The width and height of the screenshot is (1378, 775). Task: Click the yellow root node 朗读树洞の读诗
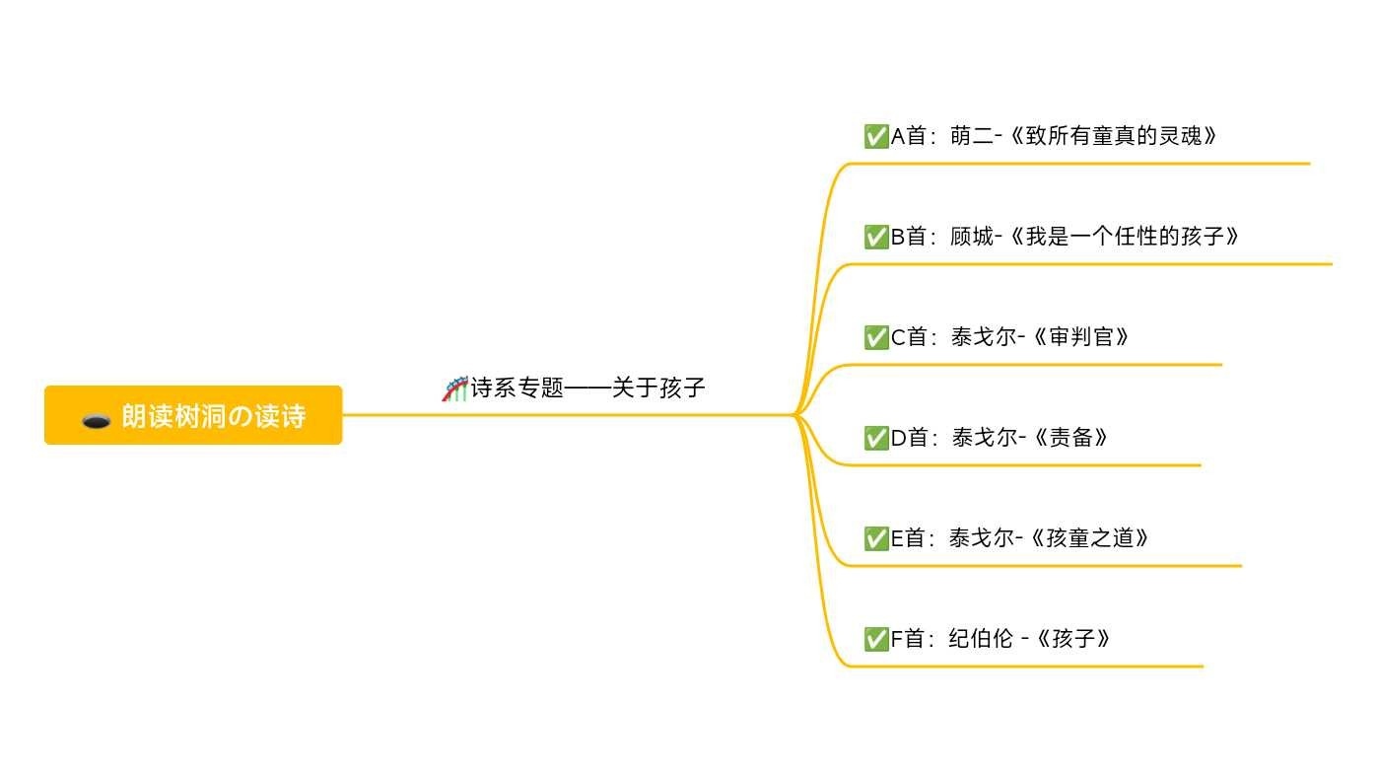point(193,415)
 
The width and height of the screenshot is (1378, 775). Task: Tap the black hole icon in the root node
point(96,421)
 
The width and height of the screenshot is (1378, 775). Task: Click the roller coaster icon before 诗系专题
point(454,388)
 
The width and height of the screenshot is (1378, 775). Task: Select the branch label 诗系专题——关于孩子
point(587,388)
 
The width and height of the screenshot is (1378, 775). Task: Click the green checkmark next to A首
point(875,136)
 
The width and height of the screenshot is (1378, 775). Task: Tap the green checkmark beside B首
point(875,237)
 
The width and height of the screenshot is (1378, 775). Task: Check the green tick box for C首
point(875,337)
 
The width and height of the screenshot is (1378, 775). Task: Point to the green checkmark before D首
point(875,438)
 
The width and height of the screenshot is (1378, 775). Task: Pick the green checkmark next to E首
point(875,538)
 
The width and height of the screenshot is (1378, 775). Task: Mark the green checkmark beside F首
point(875,639)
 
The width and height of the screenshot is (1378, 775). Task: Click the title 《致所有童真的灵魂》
point(1112,136)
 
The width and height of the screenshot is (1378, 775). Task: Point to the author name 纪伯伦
point(981,639)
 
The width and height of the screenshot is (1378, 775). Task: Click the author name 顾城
point(971,237)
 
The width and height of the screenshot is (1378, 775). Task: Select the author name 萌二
point(971,136)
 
